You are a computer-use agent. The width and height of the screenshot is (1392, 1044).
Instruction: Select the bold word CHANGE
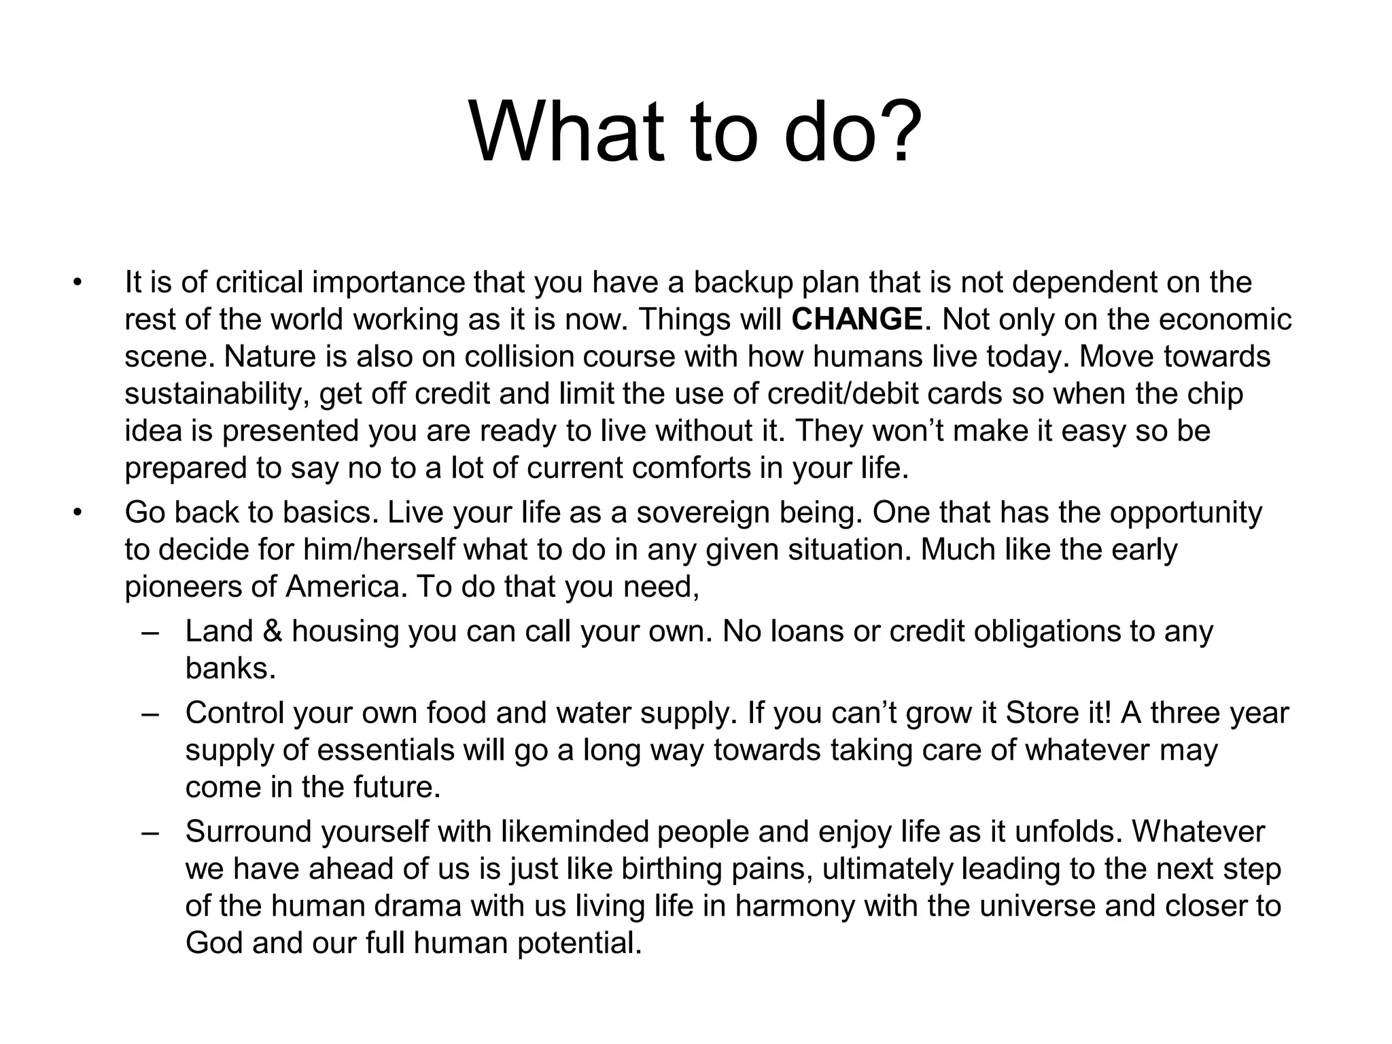[857, 319]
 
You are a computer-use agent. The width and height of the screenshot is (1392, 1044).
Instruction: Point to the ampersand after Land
[272, 631]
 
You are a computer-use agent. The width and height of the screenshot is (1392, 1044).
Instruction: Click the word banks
[230, 669]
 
